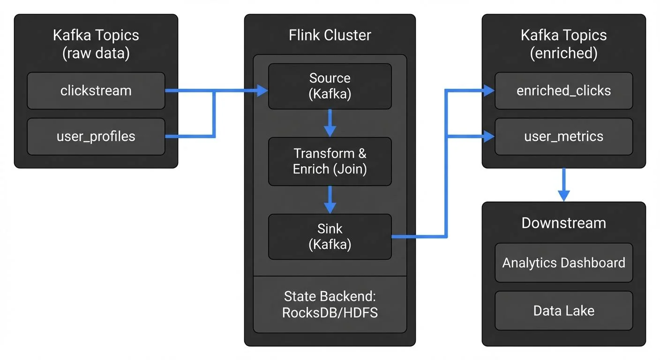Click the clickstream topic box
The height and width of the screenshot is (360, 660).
coord(96,90)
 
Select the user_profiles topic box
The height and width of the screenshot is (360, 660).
coord(96,136)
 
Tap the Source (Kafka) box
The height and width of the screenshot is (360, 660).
coord(330,86)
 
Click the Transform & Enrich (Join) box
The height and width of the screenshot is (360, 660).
coord(330,161)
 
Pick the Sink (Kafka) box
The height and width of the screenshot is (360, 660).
coord(330,237)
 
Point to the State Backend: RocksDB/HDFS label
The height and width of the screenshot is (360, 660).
coord(330,304)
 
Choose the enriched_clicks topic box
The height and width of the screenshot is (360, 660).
coord(563,90)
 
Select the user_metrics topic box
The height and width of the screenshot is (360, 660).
coord(563,136)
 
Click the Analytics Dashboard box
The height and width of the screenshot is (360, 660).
coord(563,262)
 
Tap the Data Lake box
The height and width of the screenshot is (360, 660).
coord(563,310)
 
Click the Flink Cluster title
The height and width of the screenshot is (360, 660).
coord(330,35)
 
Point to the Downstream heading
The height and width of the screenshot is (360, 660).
coord(563,223)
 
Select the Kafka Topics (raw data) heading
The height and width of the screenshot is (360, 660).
coord(96,44)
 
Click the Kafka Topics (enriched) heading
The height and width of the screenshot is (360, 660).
coord(563,44)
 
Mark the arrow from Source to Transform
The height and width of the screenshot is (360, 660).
coord(330,123)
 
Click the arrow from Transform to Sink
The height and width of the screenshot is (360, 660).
coord(330,199)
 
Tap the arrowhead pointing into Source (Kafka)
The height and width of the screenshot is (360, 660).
coord(262,91)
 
